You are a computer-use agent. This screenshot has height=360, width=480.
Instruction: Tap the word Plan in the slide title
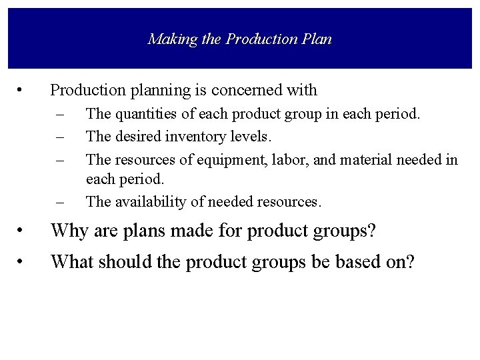pyautogui.click(x=316, y=39)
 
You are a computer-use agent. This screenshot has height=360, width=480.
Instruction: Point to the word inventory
pyautogui.click(x=189, y=137)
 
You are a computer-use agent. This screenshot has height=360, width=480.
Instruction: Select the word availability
pyautogui.click(x=150, y=201)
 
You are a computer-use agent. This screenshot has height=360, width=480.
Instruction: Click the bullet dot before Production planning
pyautogui.click(x=23, y=90)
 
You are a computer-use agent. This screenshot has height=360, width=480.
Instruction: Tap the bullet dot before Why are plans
pyautogui.click(x=23, y=233)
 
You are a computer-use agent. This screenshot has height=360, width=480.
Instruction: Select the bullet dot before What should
pyautogui.click(x=23, y=263)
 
